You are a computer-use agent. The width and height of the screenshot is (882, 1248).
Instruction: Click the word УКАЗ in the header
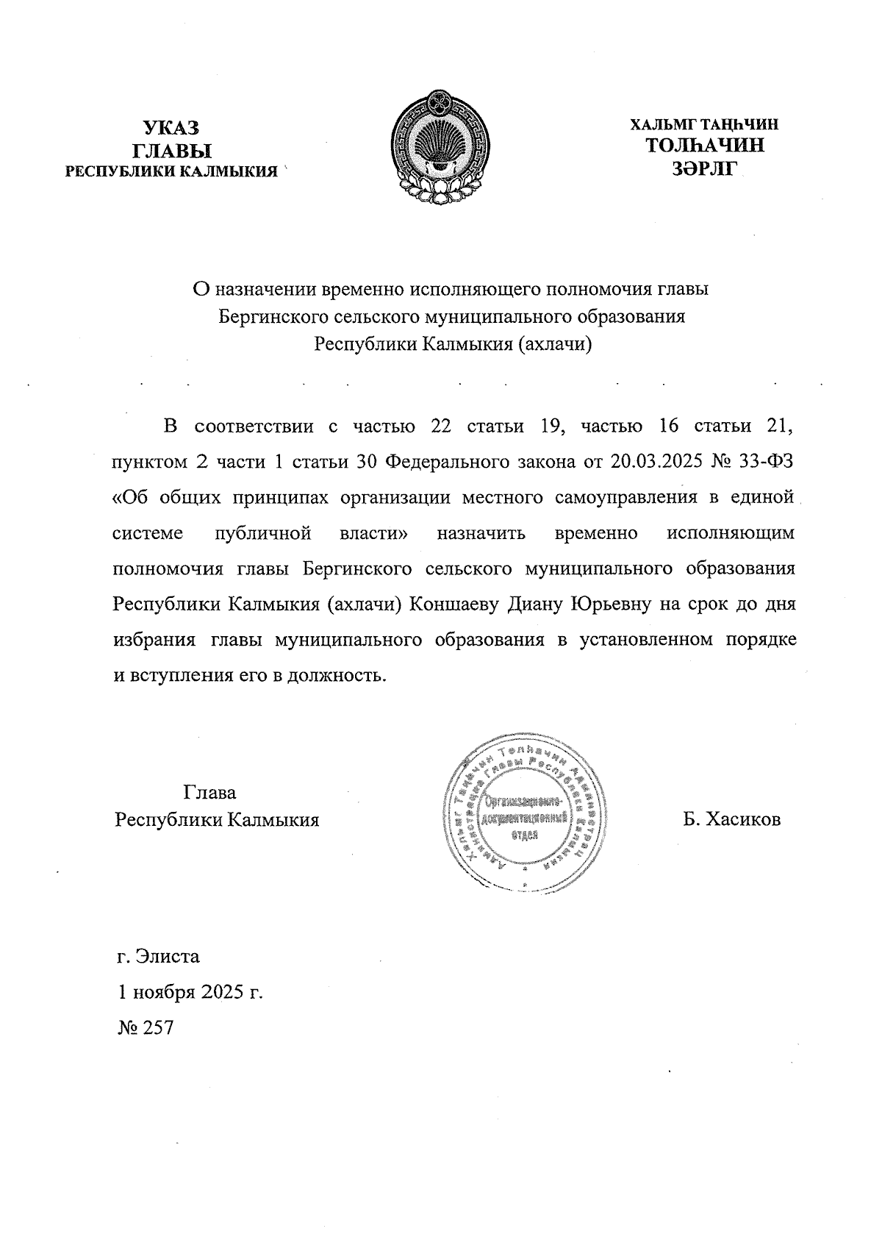coord(171,128)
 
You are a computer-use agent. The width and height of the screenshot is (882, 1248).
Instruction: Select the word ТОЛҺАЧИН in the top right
coord(704,145)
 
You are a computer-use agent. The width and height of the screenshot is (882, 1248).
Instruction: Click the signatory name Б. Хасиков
coord(731,819)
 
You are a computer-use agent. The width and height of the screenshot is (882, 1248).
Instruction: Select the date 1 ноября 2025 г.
coord(190,992)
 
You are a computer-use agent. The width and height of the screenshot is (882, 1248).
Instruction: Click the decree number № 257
coord(146,1027)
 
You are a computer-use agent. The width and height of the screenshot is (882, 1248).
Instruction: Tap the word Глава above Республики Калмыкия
coord(209,793)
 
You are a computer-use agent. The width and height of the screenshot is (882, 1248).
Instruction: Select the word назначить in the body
coord(481,533)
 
